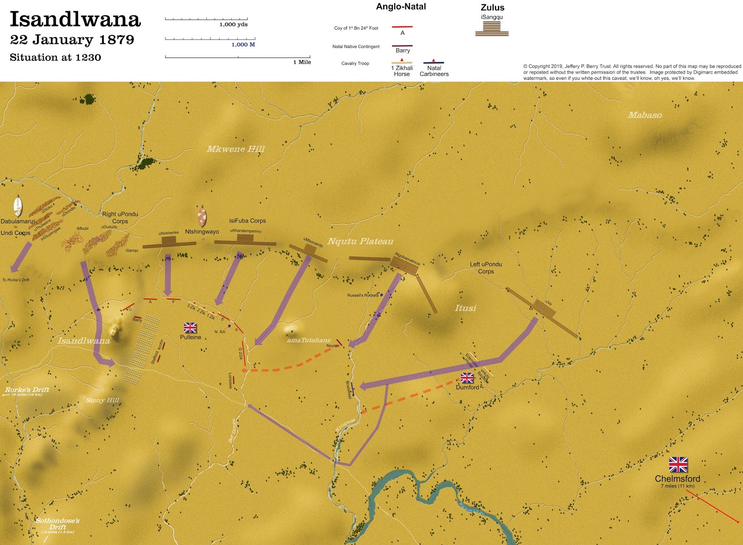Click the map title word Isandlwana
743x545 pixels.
pos(75,19)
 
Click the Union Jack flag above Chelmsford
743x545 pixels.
pos(678,464)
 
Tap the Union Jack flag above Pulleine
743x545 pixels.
pos(190,328)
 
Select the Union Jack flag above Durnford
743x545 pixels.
pos(467,378)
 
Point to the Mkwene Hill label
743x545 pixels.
pos(235,149)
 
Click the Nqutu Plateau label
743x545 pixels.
pos(360,241)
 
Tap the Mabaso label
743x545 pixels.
pos(645,115)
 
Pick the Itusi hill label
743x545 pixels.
pos(465,308)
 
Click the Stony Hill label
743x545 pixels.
pos(103,400)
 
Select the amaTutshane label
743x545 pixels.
pos(309,340)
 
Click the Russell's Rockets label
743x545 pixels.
pos(363,295)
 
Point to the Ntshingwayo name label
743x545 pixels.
pos(202,232)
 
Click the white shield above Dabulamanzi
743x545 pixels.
pos(18,206)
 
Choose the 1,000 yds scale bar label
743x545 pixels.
pos(234,25)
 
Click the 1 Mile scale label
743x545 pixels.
pos(302,62)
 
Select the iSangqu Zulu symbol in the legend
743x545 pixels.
pos(492,28)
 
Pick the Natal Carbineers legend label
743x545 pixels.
pos(434,71)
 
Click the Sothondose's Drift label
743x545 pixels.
pos(58,524)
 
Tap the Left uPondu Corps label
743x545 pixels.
pos(486,268)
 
